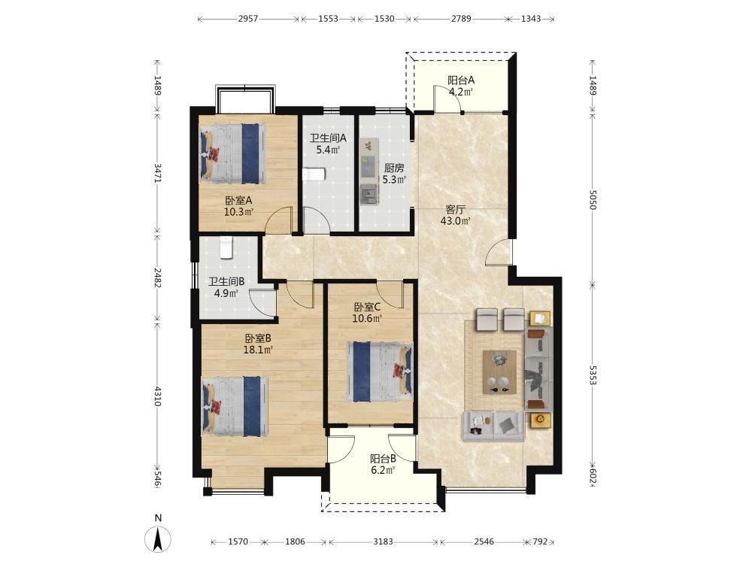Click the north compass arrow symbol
click(x=158, y=538)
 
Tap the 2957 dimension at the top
click(x=248, y=19)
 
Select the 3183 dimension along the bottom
click(x=383, y=541)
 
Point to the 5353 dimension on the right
click(x=593, y=375)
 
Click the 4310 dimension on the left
click(x=157, y=396)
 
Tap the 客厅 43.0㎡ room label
click(x=455, y=215)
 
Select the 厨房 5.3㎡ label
click(x=394, y=174)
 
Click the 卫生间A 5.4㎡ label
click(x=328, y=144)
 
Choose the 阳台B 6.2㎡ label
click(x=383, y=464)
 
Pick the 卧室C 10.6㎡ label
click(x=368, y=312)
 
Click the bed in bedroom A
click(x=232, y=153)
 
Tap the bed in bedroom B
click(x=235, y=406)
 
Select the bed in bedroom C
click(x=380, y=371)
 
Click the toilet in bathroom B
click(x=226, y=248)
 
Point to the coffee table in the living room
click(x=499, y=372)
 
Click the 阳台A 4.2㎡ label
click(x=461, y=86)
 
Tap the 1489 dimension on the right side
click(x=593, y=86)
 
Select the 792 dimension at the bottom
click(x=540, y=541)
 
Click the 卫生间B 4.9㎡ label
click(x=226, y=287)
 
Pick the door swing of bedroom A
click(x=279, y=220)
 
